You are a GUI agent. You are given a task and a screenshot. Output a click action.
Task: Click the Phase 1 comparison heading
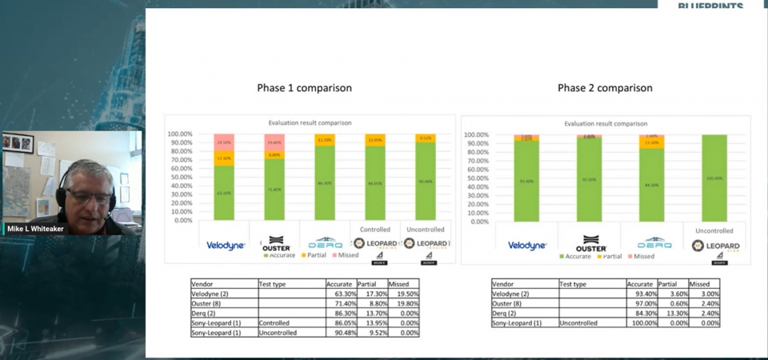[x=304, y=88]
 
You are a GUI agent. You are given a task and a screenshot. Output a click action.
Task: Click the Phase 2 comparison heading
[x=605, y=88]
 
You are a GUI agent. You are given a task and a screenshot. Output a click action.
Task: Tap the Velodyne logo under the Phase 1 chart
[x=226, y=246]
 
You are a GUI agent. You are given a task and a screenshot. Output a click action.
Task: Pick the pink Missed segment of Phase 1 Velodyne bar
[x=224, y=142]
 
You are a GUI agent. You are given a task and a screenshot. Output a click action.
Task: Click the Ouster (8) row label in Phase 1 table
[x=206, y=303]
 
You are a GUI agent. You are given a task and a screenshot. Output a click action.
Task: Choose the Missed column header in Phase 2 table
[x=700, y=284]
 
